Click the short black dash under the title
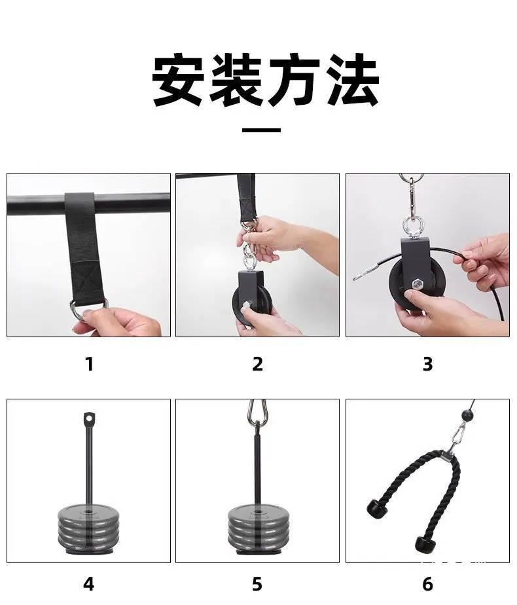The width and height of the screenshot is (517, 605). tap(261, 130)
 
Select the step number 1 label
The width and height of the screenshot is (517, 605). tap(90, 364)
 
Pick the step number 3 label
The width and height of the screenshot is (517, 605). tap(427, 364)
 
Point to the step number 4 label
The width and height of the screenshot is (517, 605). tap(88, 584)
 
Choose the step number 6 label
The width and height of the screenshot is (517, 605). tap(427, 584)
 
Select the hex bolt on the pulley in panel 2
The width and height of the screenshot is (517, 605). tap(245, 308)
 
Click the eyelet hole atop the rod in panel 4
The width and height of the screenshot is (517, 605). tap(90, 418)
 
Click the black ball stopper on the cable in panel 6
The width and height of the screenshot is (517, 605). tap(467, 416)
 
